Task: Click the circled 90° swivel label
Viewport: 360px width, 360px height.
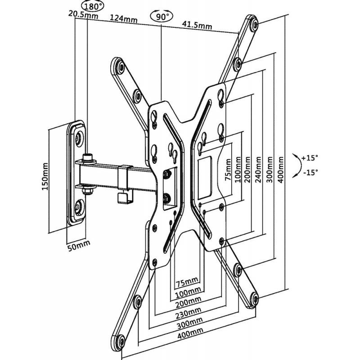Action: pyautogui.click(x=161, y=17)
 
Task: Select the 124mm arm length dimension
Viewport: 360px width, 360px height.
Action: pyautogui.click(x=124, y=19)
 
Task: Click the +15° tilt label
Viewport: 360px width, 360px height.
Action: pyautogui.click(x=310, y=158)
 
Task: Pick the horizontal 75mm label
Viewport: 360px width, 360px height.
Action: pyautogui.click(x=186, y=283)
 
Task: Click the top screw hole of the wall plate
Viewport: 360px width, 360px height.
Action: pyautogui.click(x=80, y=137)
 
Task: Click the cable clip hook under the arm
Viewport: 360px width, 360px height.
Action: pyautogui.click(x=121, y=197)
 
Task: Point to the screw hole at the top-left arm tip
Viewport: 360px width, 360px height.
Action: pyautogui.click(x=118, y=67)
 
